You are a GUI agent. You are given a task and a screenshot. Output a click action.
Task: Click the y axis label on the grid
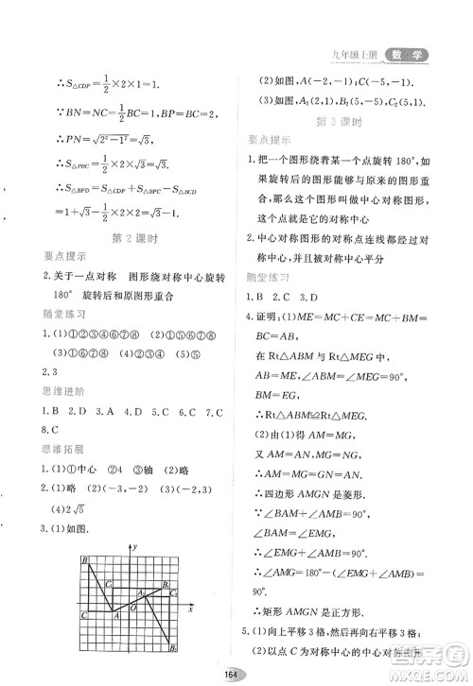(x=136, y=547)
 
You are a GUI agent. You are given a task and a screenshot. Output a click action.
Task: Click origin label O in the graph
(x=134, y=609)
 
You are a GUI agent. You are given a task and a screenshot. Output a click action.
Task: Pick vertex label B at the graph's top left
(x=85, y=560)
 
